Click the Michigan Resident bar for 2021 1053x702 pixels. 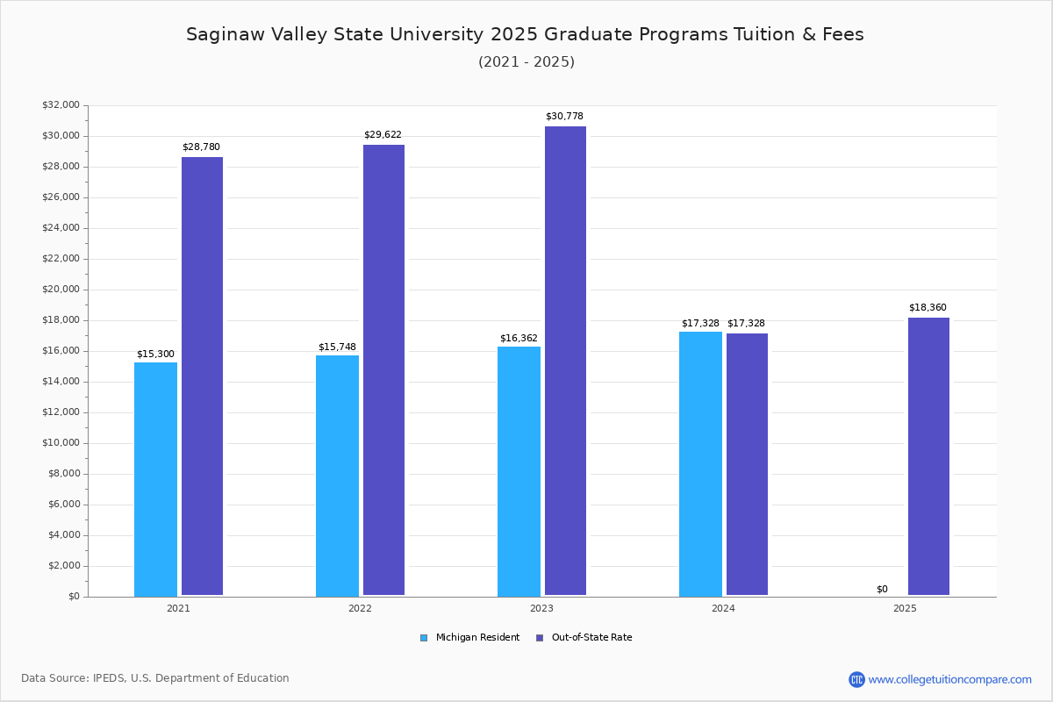tap(155, 479)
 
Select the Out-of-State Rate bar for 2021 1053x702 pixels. tap(202, 376)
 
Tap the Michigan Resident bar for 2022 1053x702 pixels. tap(337, 476)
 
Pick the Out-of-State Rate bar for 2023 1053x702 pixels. tap(565, 361)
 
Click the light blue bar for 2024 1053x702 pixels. tap(700, 463)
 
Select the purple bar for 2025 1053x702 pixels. tap(928, 456)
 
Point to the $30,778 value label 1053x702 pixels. tap(564, 116)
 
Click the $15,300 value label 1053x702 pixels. tap(155, 354)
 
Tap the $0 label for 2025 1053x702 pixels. tap(882, 589)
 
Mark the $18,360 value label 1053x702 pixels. tap(928, 307)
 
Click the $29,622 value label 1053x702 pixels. tap(383, 134)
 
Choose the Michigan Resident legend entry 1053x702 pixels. tap(470, 638)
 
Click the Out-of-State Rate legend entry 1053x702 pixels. tap(584, 638)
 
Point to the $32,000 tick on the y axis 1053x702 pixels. tap(61, 105)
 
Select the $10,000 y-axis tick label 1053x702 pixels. tap(61, 443)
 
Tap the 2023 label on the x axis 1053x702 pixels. tap(541, 608)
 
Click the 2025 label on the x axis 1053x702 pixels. tap(905, 608)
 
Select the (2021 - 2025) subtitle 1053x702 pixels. tap(526, 61)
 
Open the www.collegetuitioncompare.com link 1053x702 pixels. tap(949, 679)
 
